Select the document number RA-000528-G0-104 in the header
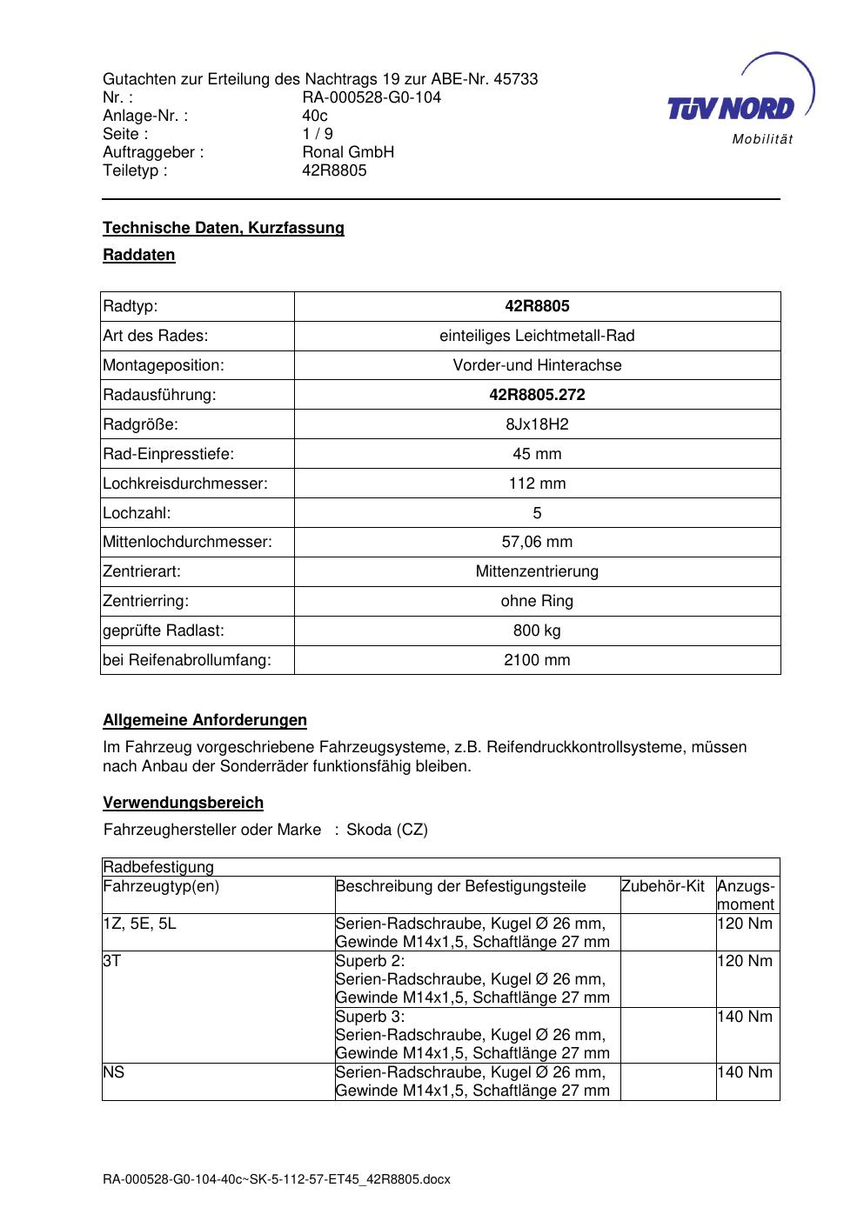coord(372,97)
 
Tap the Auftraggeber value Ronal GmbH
coord(348,152)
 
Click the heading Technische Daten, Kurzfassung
coord(224,228)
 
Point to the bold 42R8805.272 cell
coord(537,395)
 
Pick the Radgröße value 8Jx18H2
coord(537,424)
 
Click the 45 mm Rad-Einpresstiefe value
coord(537,454)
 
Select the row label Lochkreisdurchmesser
coord(185,484)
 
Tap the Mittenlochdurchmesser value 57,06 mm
coord(537,542)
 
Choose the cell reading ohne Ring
coord(537,601)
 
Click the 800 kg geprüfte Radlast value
coord(537,631)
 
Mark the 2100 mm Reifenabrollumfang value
coord(537,660)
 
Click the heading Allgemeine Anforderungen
coord(204,720)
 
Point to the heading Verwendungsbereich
coord(183,803)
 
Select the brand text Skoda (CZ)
coord(387,830)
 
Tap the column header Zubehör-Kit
coord(663,886)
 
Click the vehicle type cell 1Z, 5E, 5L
coord(139,924)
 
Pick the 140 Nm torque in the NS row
coord(745,1072)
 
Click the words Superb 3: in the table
coord(370,1017)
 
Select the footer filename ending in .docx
coord(277,1179)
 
